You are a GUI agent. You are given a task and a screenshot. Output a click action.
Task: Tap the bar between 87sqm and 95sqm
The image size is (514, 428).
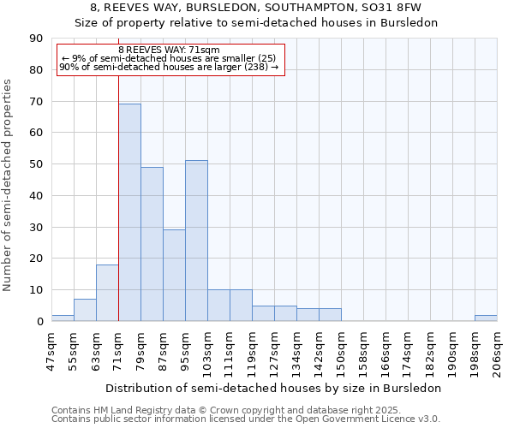pos(174,275)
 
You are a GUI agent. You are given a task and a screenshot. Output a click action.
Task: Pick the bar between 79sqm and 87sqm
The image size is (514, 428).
pos(152,244)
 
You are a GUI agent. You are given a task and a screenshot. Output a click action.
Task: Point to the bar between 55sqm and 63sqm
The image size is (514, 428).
pos(85,310)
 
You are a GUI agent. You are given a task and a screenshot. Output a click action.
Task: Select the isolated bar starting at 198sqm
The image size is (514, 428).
pos(486,318)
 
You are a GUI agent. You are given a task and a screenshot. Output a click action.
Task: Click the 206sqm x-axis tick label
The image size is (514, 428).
pos(497,351)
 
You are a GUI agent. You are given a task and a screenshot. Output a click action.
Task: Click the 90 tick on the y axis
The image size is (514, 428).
pos(36,39)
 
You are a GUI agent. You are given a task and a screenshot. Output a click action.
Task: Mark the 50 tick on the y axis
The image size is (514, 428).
pos(36,164)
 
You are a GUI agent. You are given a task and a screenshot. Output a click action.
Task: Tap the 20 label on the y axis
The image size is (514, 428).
pos(36,259)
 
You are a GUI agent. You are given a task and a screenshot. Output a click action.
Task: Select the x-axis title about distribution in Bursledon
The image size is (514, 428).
pos(274,388)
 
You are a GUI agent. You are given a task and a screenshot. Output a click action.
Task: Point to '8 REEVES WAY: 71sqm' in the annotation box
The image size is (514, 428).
pos(169,51)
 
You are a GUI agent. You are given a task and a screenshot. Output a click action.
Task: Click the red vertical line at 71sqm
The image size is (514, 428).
pos(118,188)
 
